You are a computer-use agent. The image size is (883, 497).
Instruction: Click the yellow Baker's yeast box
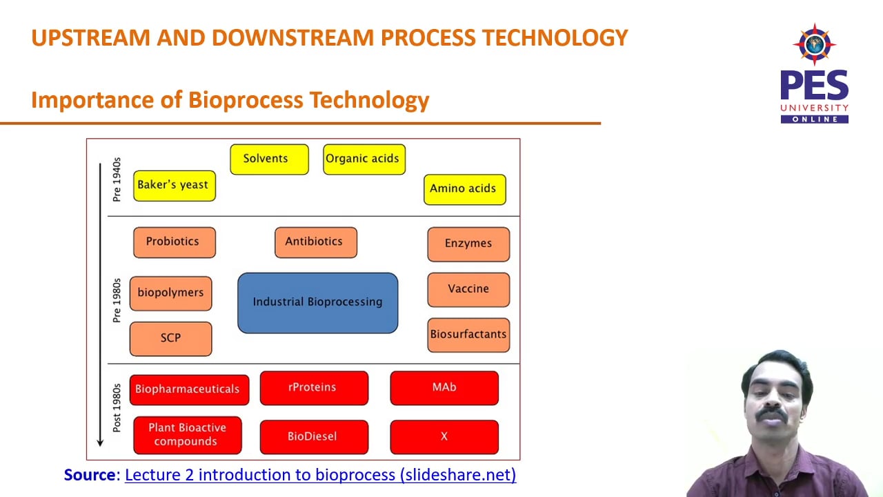click(x=174, y=186)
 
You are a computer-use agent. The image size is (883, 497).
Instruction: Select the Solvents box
click(x=269, y=159)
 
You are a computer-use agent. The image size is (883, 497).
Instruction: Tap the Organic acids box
click(x=364, y=159)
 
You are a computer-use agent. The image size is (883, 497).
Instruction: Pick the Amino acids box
click(x=464, y=189)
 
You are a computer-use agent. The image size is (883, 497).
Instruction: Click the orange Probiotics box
click(x=174, y=242)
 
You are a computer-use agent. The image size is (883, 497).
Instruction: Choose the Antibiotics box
click(x=315, y=242)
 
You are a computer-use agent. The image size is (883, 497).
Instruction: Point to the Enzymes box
click(x=468, y=244)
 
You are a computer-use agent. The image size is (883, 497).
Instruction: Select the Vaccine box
click(x=468, y=289)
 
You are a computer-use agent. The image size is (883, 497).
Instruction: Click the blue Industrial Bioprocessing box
click(x=317, y=302)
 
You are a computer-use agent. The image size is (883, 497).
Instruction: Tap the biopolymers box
click(x=170, y=293)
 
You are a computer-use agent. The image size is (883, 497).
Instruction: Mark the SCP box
click(x=170, y=338)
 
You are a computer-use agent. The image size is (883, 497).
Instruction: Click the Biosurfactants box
click(x=468, y=335)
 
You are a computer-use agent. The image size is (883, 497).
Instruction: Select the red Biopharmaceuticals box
click(x=188, y=389)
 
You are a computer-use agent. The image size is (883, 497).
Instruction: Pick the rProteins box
click(x=313, y=388)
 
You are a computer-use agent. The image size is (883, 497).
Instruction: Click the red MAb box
click(x=444, y=388)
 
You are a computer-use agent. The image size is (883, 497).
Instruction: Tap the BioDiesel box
click(x=313, y=437)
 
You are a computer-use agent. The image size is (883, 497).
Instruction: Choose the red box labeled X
click(x=444, y=437)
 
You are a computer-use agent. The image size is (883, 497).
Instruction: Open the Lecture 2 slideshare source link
click(x=320, y=475)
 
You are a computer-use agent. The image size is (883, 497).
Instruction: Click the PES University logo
click(x=814, y=74)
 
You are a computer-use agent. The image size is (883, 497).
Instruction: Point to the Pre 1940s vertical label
click(x=117, y=179)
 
